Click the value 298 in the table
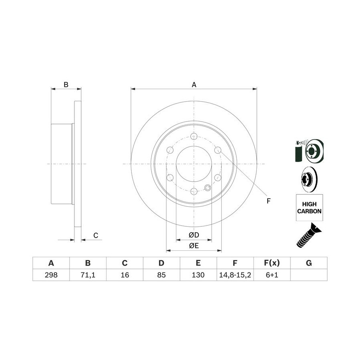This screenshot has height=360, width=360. (x=51, y=275)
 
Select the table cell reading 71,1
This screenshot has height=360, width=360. (x=88, y=275)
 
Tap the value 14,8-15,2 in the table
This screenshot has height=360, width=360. (x=235, y=275)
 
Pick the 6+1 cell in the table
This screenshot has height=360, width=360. (x=272, y=275)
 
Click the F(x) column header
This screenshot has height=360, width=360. (x=272, y=263)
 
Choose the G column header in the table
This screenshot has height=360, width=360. (x=309, y=263)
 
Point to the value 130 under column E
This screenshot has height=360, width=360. (x=198, y=275)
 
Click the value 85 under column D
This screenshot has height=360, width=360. (x=162, y=275)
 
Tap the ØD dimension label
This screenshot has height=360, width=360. (x=194, y=235)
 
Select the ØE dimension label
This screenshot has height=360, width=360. (x=194, y=246)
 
